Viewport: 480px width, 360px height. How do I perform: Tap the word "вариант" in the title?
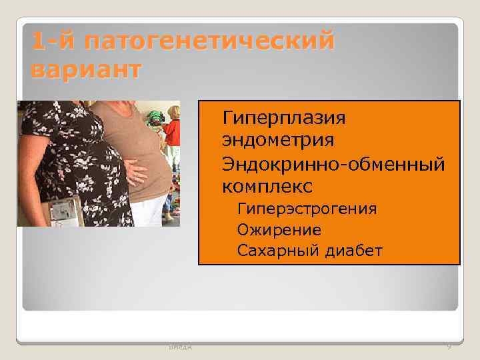pos(85,69)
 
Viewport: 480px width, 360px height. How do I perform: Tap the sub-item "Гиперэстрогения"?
pos(307,209)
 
